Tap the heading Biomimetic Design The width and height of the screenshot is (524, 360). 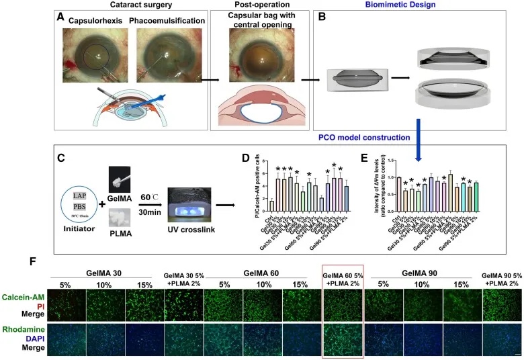point(373,6)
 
